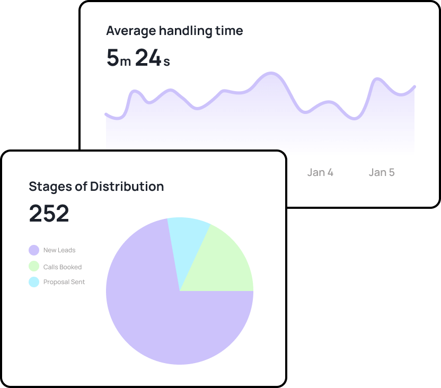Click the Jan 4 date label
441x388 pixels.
point(320,172)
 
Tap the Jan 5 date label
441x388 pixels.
point(382,172)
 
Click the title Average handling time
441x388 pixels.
point(174,31)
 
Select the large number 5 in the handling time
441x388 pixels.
point(113,58)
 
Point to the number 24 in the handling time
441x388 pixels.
point(148,58)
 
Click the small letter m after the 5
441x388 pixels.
point(126,61)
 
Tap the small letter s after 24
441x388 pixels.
point(166,61)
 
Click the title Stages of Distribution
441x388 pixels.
point(96,187)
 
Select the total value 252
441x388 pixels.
point(49,213)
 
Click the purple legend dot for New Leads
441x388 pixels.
point(34,250)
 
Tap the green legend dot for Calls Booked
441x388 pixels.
point(34,267)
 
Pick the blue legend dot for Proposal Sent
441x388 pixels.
point(34,282)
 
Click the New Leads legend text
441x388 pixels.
point(59,250)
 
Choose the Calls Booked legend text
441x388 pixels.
point(63,267)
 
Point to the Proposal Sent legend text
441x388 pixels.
point(64,282)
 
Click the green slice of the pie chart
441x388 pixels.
point(223,262)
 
